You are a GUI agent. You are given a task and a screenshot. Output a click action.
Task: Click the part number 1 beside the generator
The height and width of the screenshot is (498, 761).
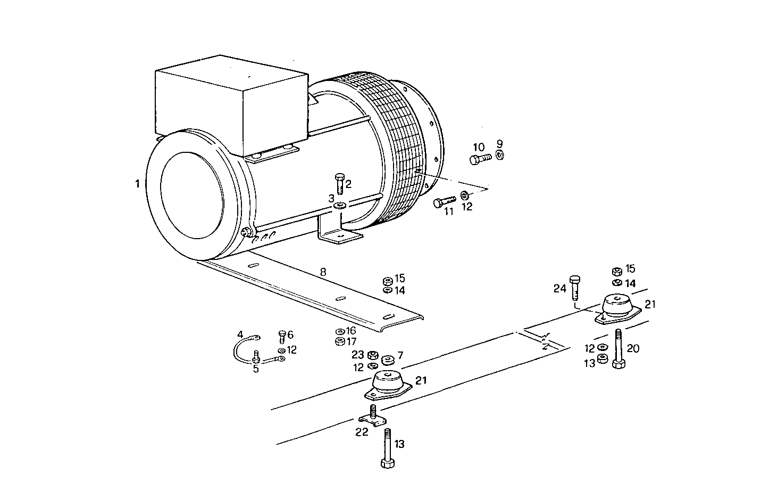click(137, 184)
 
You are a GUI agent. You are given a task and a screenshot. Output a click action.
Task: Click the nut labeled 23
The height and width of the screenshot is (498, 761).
click(373, 355)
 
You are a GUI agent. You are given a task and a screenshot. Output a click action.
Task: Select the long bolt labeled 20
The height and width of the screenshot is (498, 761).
click(619, 349)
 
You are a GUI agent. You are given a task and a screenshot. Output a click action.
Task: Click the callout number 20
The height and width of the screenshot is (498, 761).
click(633, 349)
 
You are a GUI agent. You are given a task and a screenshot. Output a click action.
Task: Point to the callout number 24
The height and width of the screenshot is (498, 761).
click(559, 289)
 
